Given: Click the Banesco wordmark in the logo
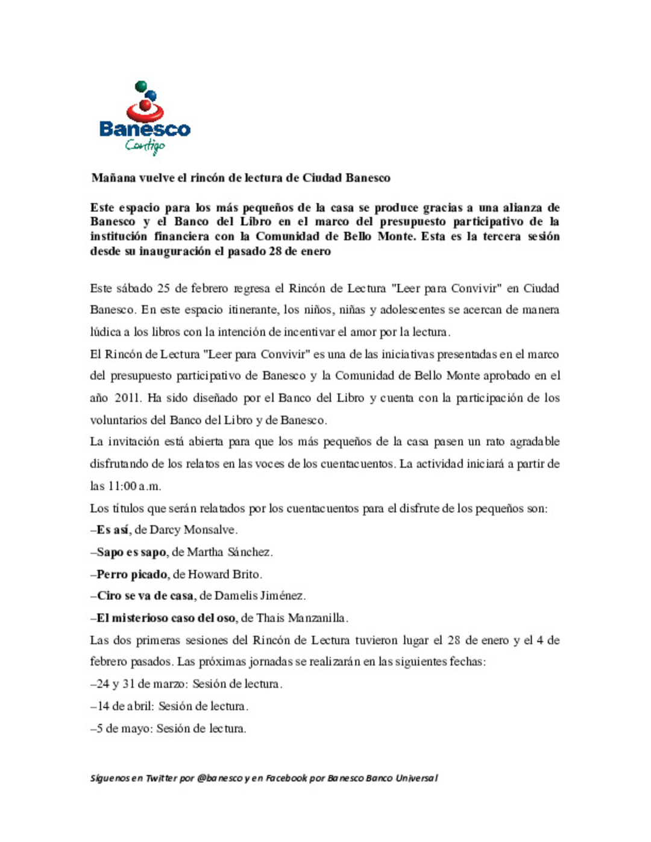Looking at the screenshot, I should [x=145, y=128].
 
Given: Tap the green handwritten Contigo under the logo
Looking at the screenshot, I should [x=145, y=145].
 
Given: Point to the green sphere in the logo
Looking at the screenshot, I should [x=141, y=86].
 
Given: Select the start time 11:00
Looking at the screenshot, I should [x=122, y=486].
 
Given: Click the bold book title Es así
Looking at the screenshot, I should [x=113, y=530].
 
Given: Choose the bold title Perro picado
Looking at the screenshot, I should [x=132, y=574].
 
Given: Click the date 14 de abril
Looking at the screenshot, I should [x=125, y=706].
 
